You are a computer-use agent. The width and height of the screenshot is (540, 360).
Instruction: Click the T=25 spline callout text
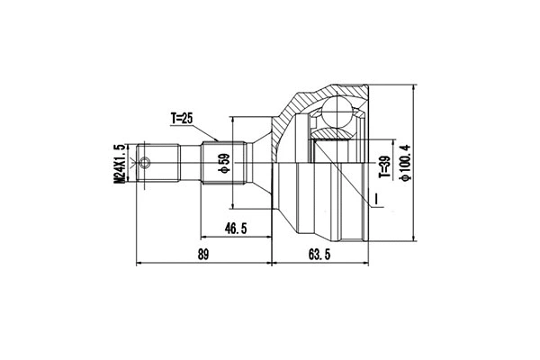point(183,118)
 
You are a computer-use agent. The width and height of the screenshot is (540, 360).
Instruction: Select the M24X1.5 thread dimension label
point(119,164)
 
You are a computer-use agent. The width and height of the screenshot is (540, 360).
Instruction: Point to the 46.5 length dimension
point(236,229)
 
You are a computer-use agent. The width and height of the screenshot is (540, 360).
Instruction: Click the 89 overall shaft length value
point(202,256)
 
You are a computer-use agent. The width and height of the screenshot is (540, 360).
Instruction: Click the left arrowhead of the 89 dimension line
point(139,265)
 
